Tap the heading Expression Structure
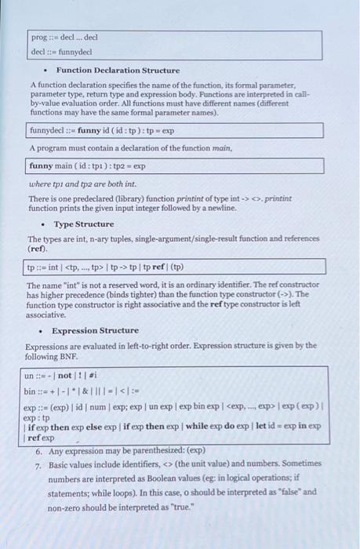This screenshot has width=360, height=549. [x=95, y=330]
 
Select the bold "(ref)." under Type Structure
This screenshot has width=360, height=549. [x=37, y=249]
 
